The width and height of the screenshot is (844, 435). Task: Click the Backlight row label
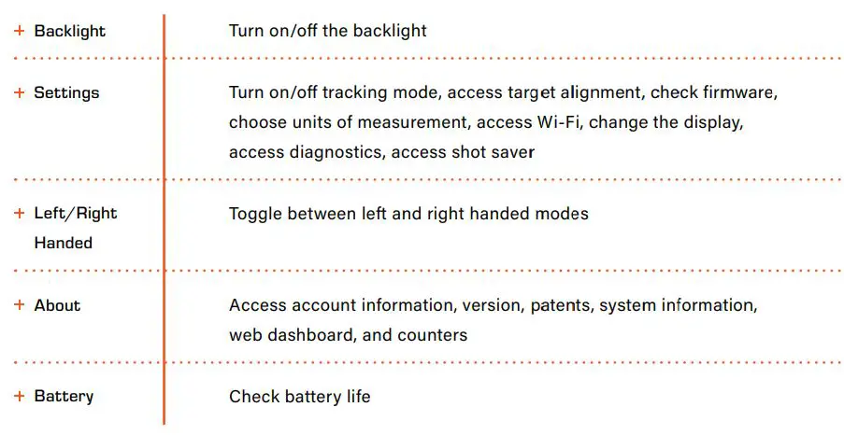(69, 31)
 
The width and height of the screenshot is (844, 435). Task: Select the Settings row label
(66, 93)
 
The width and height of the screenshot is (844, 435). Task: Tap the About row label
(57, 305)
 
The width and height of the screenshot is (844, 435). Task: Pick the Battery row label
(64, 396)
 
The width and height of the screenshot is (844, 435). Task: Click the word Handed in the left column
(64, 243)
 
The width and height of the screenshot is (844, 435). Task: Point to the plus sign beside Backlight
(19, 31)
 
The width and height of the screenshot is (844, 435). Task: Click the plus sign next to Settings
(19, 93)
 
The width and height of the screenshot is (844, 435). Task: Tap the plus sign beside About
(19, 305)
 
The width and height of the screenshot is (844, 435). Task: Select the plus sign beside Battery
(19, 396)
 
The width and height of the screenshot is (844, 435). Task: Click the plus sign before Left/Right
(19, 213)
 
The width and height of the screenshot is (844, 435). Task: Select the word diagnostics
(336, 152)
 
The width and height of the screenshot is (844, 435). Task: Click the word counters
(436, 334)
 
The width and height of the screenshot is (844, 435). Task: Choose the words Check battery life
(299, 397)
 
